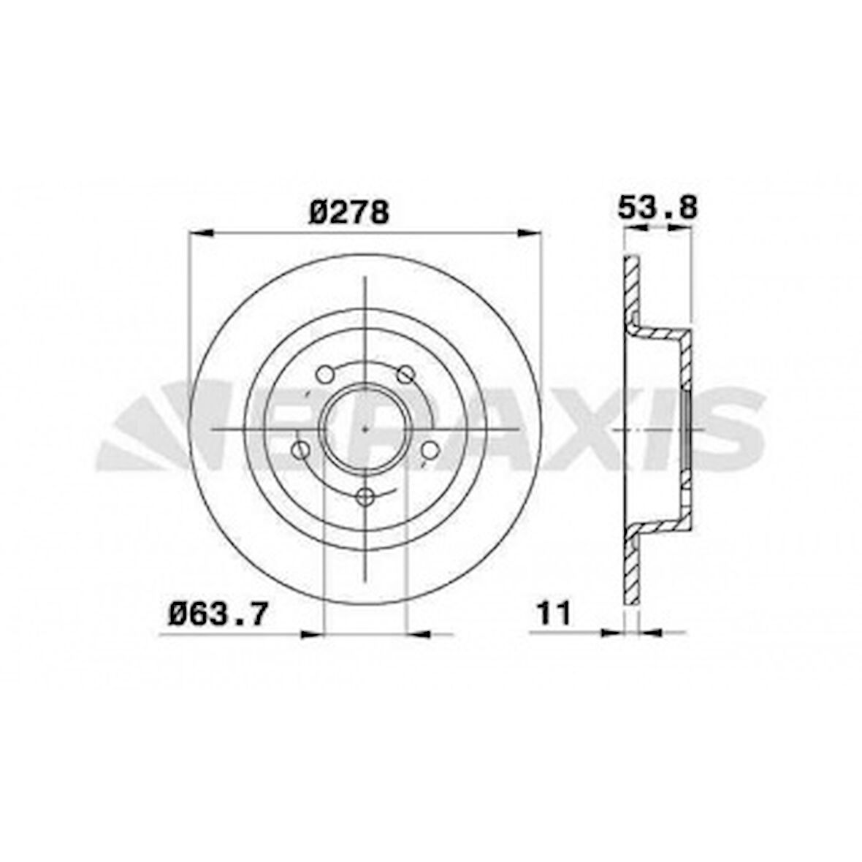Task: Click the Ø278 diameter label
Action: click(x=349, y=213)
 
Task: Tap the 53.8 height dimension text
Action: click(x=657, y=207)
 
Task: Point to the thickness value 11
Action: click(x=553, y=612)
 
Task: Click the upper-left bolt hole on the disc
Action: click(x=325, y=375)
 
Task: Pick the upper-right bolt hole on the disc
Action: click(x=405, y=375)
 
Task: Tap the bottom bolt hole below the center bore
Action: click(x=365, y=497)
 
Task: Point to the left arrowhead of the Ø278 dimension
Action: click(x=200, y=233)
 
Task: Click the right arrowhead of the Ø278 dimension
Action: click(x=529, y=233)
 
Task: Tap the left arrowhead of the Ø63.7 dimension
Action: click(x=310, y=633)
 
